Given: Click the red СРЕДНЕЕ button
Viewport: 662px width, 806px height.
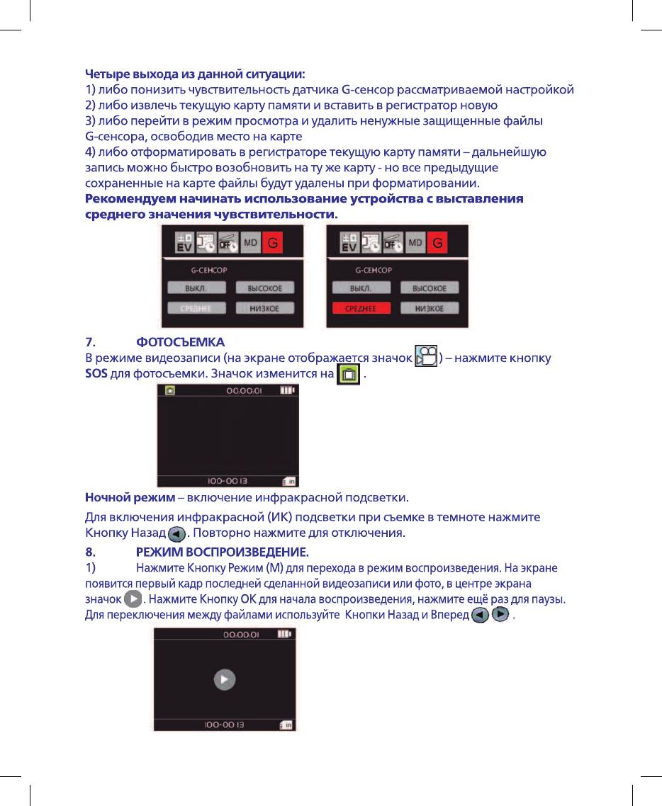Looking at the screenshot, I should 359,308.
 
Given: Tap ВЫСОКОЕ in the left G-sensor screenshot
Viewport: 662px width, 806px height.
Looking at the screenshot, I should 265,288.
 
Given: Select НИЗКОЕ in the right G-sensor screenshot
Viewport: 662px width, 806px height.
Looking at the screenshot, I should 429,308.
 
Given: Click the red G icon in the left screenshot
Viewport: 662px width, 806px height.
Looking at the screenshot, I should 273,244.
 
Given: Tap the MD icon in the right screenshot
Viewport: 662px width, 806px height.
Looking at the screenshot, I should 416,244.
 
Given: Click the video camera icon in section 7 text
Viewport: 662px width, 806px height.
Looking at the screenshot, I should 425,357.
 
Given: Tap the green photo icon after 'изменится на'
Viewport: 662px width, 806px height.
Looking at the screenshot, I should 349,373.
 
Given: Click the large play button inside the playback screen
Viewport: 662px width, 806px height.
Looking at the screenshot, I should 224,679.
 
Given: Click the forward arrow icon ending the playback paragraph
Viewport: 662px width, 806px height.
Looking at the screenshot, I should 500,615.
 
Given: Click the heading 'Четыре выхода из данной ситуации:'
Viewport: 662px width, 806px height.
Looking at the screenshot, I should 196,73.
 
